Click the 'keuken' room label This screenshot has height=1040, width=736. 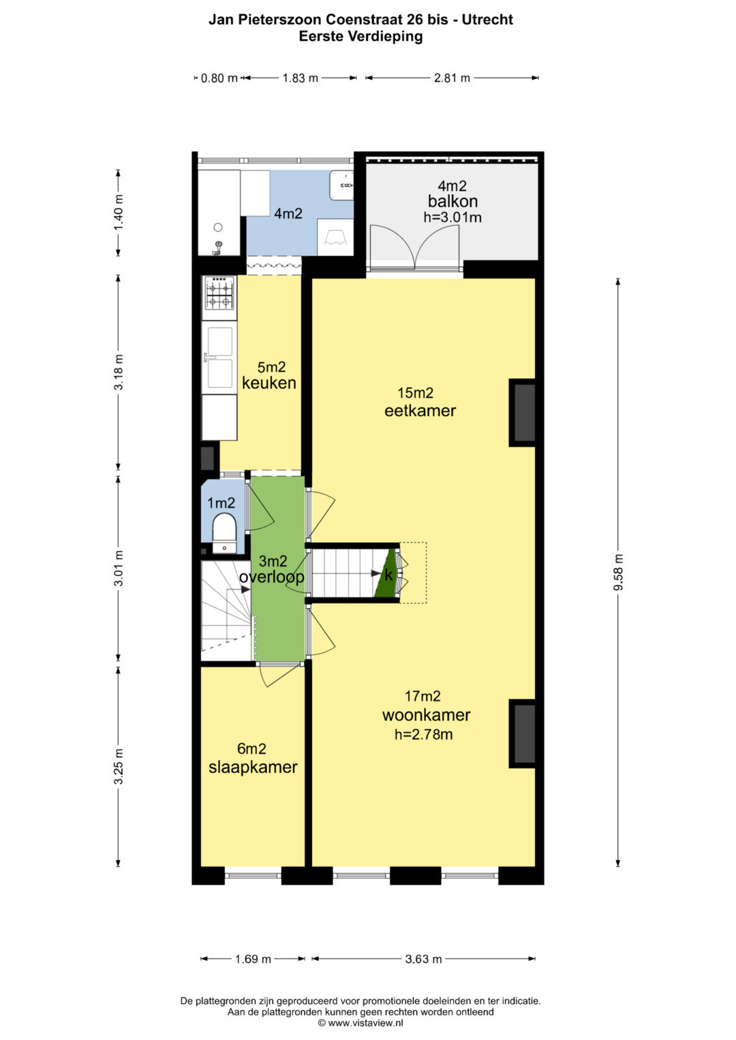[x=269, y=383]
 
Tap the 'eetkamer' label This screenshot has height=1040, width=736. [x=420, y=411]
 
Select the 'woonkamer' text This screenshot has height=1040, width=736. [x=426, y=714]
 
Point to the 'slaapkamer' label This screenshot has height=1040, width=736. [x=253, y=766]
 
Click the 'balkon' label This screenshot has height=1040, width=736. [x=453, y=201]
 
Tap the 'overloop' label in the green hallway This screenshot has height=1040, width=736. [x=272, y=577]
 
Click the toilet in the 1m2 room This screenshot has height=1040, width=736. [x=224, y=533]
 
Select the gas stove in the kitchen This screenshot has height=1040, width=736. [x=219, y=292]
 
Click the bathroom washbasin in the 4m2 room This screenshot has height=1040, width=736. [x=341, y=185]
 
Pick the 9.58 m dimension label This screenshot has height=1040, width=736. [x=618, y=573]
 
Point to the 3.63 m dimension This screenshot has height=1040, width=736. [x=423, y=959]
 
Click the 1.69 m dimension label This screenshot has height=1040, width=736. [x=253, y=959]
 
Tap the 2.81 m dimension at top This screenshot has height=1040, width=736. [x=452, y=78]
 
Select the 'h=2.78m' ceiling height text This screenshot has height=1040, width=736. [x=423, y=734]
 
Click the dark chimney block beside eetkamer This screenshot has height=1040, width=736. [x=523, y=413]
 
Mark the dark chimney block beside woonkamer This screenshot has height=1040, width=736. [x=523, y=734]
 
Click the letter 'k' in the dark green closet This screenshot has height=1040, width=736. [x=388, y=575]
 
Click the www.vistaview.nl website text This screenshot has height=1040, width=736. [x=365, y=1023]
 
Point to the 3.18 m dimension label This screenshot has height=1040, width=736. [x=119, y=372]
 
